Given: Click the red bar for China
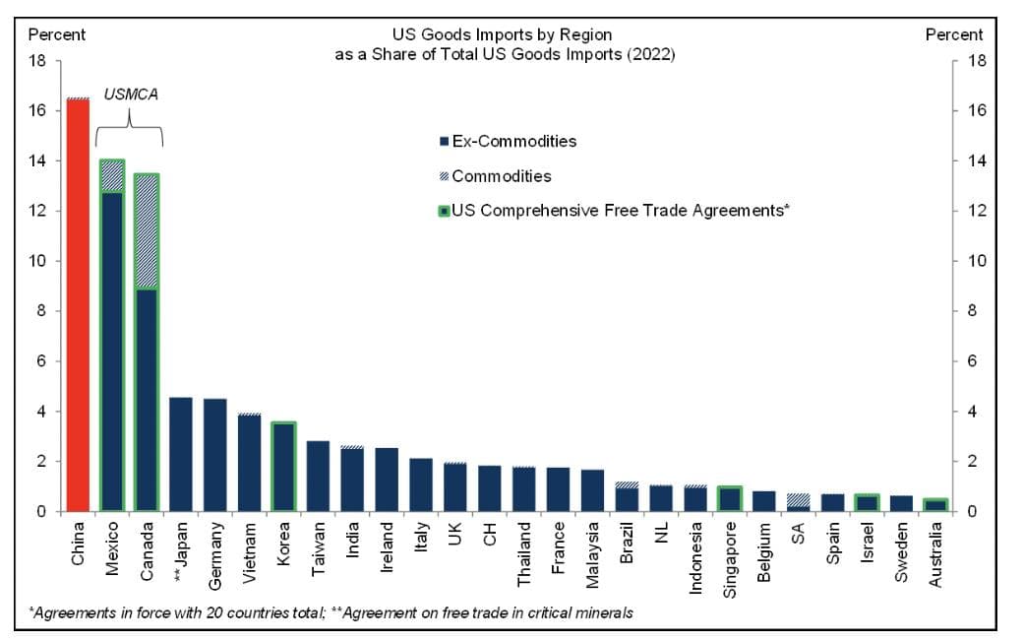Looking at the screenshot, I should point(78,305).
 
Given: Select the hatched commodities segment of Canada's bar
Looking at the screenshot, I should point(147,231).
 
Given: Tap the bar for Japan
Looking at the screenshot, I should point(181,454).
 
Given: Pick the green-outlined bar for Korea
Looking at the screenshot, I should point(282,467).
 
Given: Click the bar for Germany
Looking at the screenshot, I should point(214,455).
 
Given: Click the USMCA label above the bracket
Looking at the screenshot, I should point(131,95).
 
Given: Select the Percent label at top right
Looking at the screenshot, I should point(954,34).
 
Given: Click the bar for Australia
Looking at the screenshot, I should point(935,505).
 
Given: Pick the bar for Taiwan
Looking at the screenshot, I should point(318,476).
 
